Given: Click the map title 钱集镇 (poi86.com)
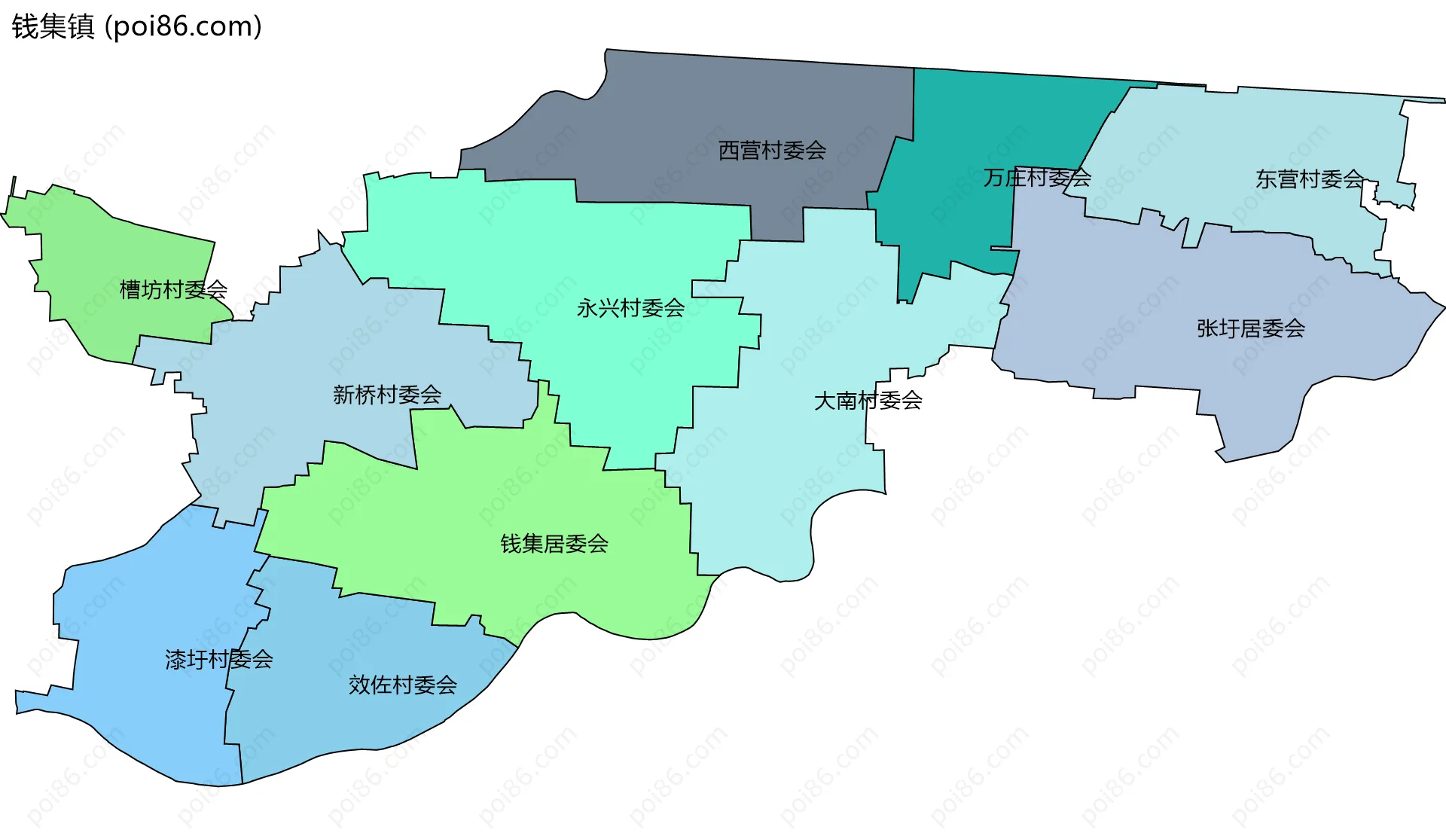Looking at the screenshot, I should click(136, 26).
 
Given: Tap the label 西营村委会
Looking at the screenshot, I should click(772, 151).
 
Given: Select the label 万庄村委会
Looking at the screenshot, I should click(1036, 178).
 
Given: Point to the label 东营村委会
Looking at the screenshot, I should click(1309, 179).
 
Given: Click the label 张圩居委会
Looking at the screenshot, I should click(1250, 328).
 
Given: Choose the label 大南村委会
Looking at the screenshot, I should click(868, 401).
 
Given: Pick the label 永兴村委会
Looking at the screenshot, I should click(630, 308).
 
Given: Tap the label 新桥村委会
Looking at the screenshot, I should click(387, 395).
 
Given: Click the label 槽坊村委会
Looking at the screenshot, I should click(173, 290).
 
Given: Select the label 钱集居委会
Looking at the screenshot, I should click(554, 544).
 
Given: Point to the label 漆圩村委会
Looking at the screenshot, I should click(218, 660).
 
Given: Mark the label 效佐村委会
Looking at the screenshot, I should click(402, 685).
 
